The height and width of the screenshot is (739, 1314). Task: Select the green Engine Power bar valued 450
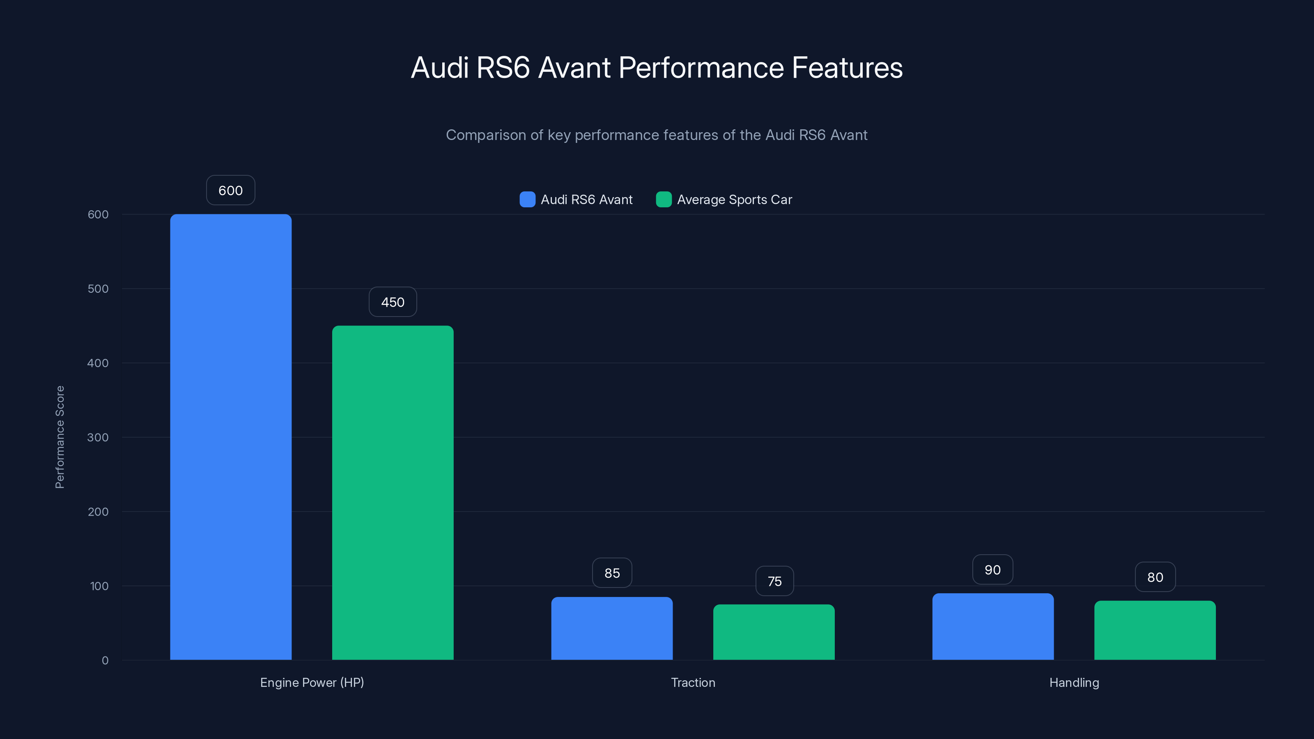[x=393, y=492]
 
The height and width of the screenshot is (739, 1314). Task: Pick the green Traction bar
[x=774, y=632]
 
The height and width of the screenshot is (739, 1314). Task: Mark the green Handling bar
[x=1155, y=630]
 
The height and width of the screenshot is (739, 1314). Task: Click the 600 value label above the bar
[x=230, y=190]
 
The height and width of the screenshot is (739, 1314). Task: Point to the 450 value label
[x=393, y=302]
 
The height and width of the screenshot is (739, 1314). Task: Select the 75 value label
[x=774, y=581]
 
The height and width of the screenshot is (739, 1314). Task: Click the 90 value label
[x=992, y=570]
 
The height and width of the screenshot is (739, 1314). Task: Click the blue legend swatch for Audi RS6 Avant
[x=527, y=200]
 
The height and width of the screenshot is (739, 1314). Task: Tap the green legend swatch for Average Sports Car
[x=664, y=200]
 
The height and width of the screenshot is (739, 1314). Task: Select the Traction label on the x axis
[x=693, y=682]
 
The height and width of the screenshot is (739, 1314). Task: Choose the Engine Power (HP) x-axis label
[x=312, y=682]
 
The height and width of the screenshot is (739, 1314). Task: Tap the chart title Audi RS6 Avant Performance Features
[x=657, y=67]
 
